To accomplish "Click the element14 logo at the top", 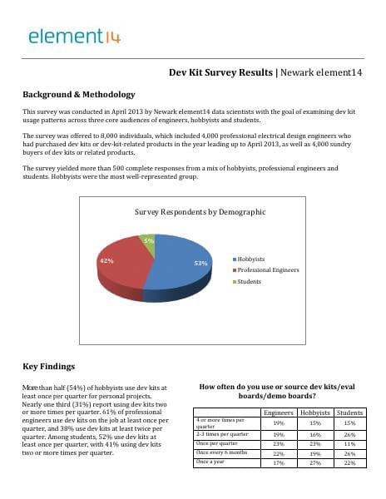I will click(x=75, y=36).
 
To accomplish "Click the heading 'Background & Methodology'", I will click(x=78, y=95).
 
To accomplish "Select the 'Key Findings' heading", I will click(x=48, y=366).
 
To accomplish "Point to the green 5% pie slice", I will click(x=147, y=241).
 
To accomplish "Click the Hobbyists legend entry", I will click(x=252, y=259).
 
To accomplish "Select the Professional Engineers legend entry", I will click(x=266, y=270).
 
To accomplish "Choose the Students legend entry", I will click(x=249, y=281).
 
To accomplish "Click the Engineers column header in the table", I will click(x=279, y=413).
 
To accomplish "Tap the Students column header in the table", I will click(x=349, y=413).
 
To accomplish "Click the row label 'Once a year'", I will click(x=211, y=461).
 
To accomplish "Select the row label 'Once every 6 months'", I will click(x=221, y=452).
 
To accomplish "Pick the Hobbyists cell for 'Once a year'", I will click(x=314, y=462).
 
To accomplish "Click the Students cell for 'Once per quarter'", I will click(x=349, y=444).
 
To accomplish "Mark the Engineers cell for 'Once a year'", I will click(x=279, y=462).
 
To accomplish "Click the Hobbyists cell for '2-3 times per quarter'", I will click(x=314, y=434).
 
